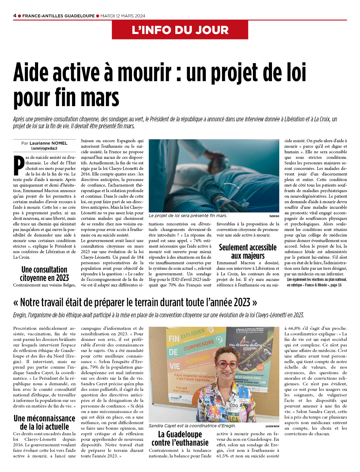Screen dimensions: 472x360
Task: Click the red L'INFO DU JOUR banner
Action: [180, 30]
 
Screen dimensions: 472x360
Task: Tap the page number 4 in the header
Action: [15, 16]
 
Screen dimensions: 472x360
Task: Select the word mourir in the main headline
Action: [144, 72]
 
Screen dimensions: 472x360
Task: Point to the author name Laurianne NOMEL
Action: [48, 143]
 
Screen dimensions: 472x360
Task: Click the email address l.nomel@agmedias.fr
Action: [44, 148]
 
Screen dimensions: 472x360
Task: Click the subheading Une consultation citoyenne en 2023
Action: [44, 274]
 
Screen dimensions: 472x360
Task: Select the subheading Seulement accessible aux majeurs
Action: [247, 251]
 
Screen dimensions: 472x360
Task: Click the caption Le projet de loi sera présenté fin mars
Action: [188, 215]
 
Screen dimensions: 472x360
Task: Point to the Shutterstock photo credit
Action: [274, 216]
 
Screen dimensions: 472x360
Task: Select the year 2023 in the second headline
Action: [242, 302]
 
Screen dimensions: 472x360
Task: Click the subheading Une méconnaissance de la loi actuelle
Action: [44, 422]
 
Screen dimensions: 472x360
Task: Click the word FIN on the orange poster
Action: [174, 338]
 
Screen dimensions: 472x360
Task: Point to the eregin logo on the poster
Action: [175, 398]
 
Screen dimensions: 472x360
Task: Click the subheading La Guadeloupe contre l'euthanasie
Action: [180, 438]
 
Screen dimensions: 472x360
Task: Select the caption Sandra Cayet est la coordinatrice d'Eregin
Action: [192, 426]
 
